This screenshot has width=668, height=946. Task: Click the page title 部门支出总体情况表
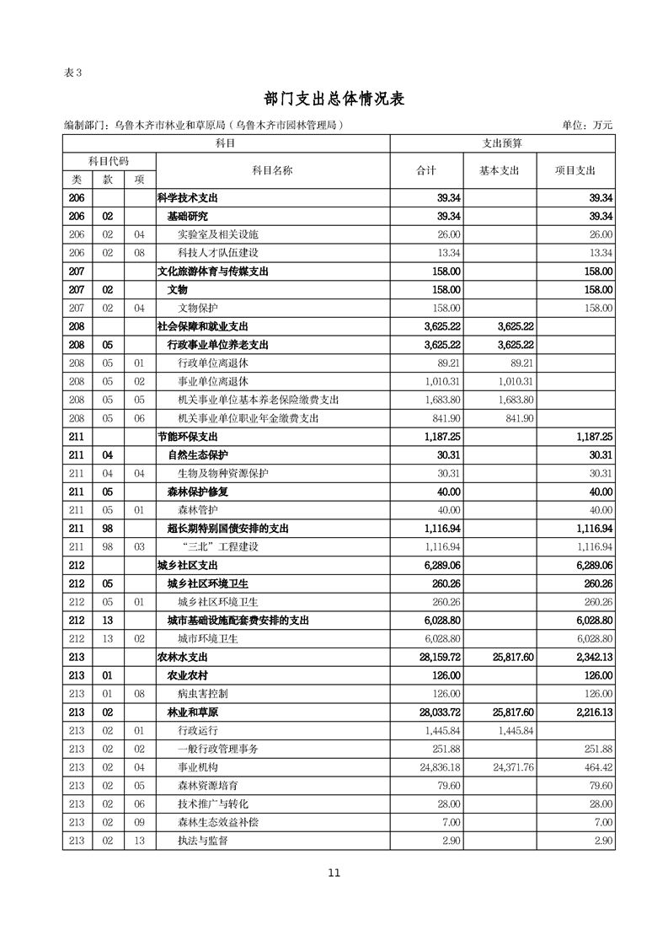click(334, 99)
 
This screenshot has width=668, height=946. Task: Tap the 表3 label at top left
click(73, 72)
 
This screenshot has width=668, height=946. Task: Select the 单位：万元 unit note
click(587, 125)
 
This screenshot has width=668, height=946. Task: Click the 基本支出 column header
click(500, 170)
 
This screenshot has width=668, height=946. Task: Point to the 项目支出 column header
click(575, 170)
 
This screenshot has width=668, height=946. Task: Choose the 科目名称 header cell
click(272, 170)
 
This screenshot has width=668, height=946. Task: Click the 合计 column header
click(427, 170)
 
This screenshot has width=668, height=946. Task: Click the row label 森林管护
click(198, 509)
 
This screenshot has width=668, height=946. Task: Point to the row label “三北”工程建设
click(219, 546)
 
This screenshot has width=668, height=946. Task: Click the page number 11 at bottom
click(334, 873)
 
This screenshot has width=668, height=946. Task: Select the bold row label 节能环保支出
click(188, 436)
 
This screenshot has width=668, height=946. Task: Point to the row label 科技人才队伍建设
click(218, 252)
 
